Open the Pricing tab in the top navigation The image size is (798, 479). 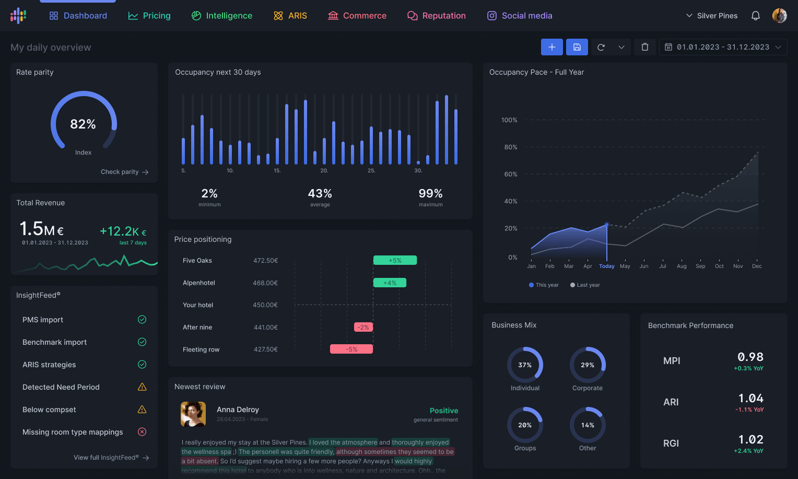coord(149,16)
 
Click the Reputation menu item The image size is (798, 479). coord(437,16)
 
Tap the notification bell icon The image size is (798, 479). coord(755,16)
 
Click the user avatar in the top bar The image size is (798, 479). coord(779,16)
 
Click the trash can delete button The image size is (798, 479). coord(645,47)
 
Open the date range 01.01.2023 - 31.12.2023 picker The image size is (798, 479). coord(723,47)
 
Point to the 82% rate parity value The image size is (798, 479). coord(83,124)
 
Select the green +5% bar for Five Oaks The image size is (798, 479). coord(395,260)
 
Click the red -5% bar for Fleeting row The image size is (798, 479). coord(351,349)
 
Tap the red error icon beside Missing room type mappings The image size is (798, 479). coord(142,431)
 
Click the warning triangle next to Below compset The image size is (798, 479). coord(142,410)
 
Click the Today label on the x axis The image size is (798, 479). coord(607,266)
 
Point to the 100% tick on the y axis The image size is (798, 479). coord(509,120)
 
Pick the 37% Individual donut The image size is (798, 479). coord(525,365)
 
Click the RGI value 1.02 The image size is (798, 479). coord(750,439)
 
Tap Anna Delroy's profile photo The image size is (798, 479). coord(193,414)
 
